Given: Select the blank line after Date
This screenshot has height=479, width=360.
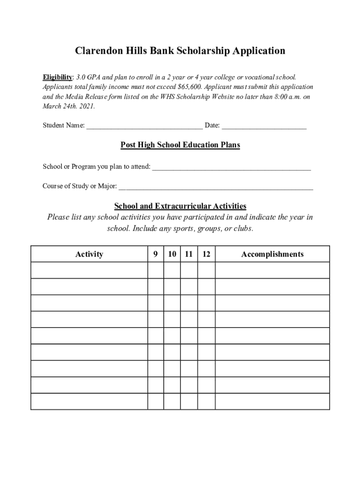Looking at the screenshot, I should click(x=264, y=126).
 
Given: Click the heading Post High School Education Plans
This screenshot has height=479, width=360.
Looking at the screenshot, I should click(x=180, y=145).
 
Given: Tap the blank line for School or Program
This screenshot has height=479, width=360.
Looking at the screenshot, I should click(x=231, y=167).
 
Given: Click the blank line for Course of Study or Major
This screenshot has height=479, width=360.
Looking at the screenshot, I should click(x=216, y=187).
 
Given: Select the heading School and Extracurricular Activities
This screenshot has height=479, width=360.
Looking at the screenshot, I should click(x=180, y=206).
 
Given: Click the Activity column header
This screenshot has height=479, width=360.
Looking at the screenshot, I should click(x=89, y=254).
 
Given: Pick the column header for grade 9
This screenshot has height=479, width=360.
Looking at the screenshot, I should click(x=155, y=254).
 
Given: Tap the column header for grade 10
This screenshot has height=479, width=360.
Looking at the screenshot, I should click(x=172, y=254).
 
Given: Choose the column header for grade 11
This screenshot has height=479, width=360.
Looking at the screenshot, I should click(x=189, y=254).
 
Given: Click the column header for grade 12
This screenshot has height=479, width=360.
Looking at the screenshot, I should click(x=206, y=254).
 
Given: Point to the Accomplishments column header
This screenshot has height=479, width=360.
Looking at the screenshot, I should click(x=272, y=254).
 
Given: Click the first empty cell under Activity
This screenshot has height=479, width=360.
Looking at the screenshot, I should click(x=89, y=270).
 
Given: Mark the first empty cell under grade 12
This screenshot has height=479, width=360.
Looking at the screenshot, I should click(x=206, y=270).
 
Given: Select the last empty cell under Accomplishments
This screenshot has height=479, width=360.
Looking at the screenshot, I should click(x=272, y=401).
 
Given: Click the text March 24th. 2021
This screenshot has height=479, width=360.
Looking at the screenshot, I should click(x=69, y=106).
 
